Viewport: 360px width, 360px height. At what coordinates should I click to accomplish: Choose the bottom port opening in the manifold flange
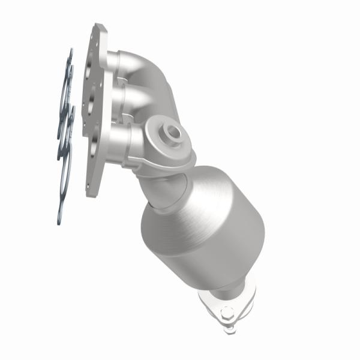pyautogui.click(x=92, y=144)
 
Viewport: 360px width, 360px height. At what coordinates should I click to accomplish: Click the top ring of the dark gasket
pyautogui.click(x=68, y=72)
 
